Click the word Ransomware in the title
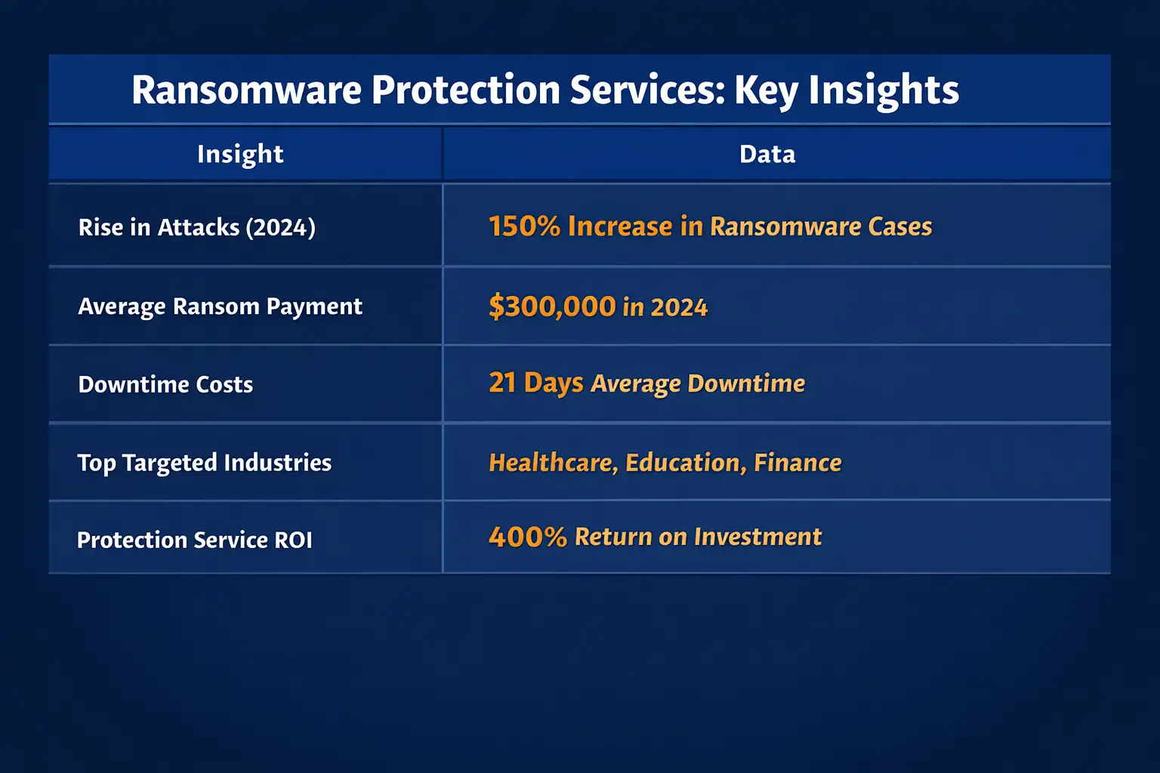pyautogui.click(x=246, y=90)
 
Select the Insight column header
pyautogui.click(x=240, y=154)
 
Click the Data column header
pyautogui.click(x=767, y=154)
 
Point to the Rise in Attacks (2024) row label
pyautogui.click(x=197, y=227)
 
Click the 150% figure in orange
pyautogui.click(x=524, y=226)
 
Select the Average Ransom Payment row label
pyautogui.click(x=220, y=306)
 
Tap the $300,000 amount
pyautogui.click(x=552, y=306)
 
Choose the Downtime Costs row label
pyautogui.click(x=165, y=384)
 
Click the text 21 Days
pyautogui.click(x=535, y=383)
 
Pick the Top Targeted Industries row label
pyautogui.click(x=204, y=462)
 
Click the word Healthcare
pyautogui.click(x=553, y=462)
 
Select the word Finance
pyautogui.click(x=797, y=462)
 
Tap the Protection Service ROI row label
pyautogui.click(x=194, y=540)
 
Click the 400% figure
pyautogui.click(x=527, y=537)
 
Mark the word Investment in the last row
pyautogui.click(x=757, y=537)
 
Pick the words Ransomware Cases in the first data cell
pyautogui.click(x=821, y=226)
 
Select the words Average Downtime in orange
pyautogui.click(x=698, y=383)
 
